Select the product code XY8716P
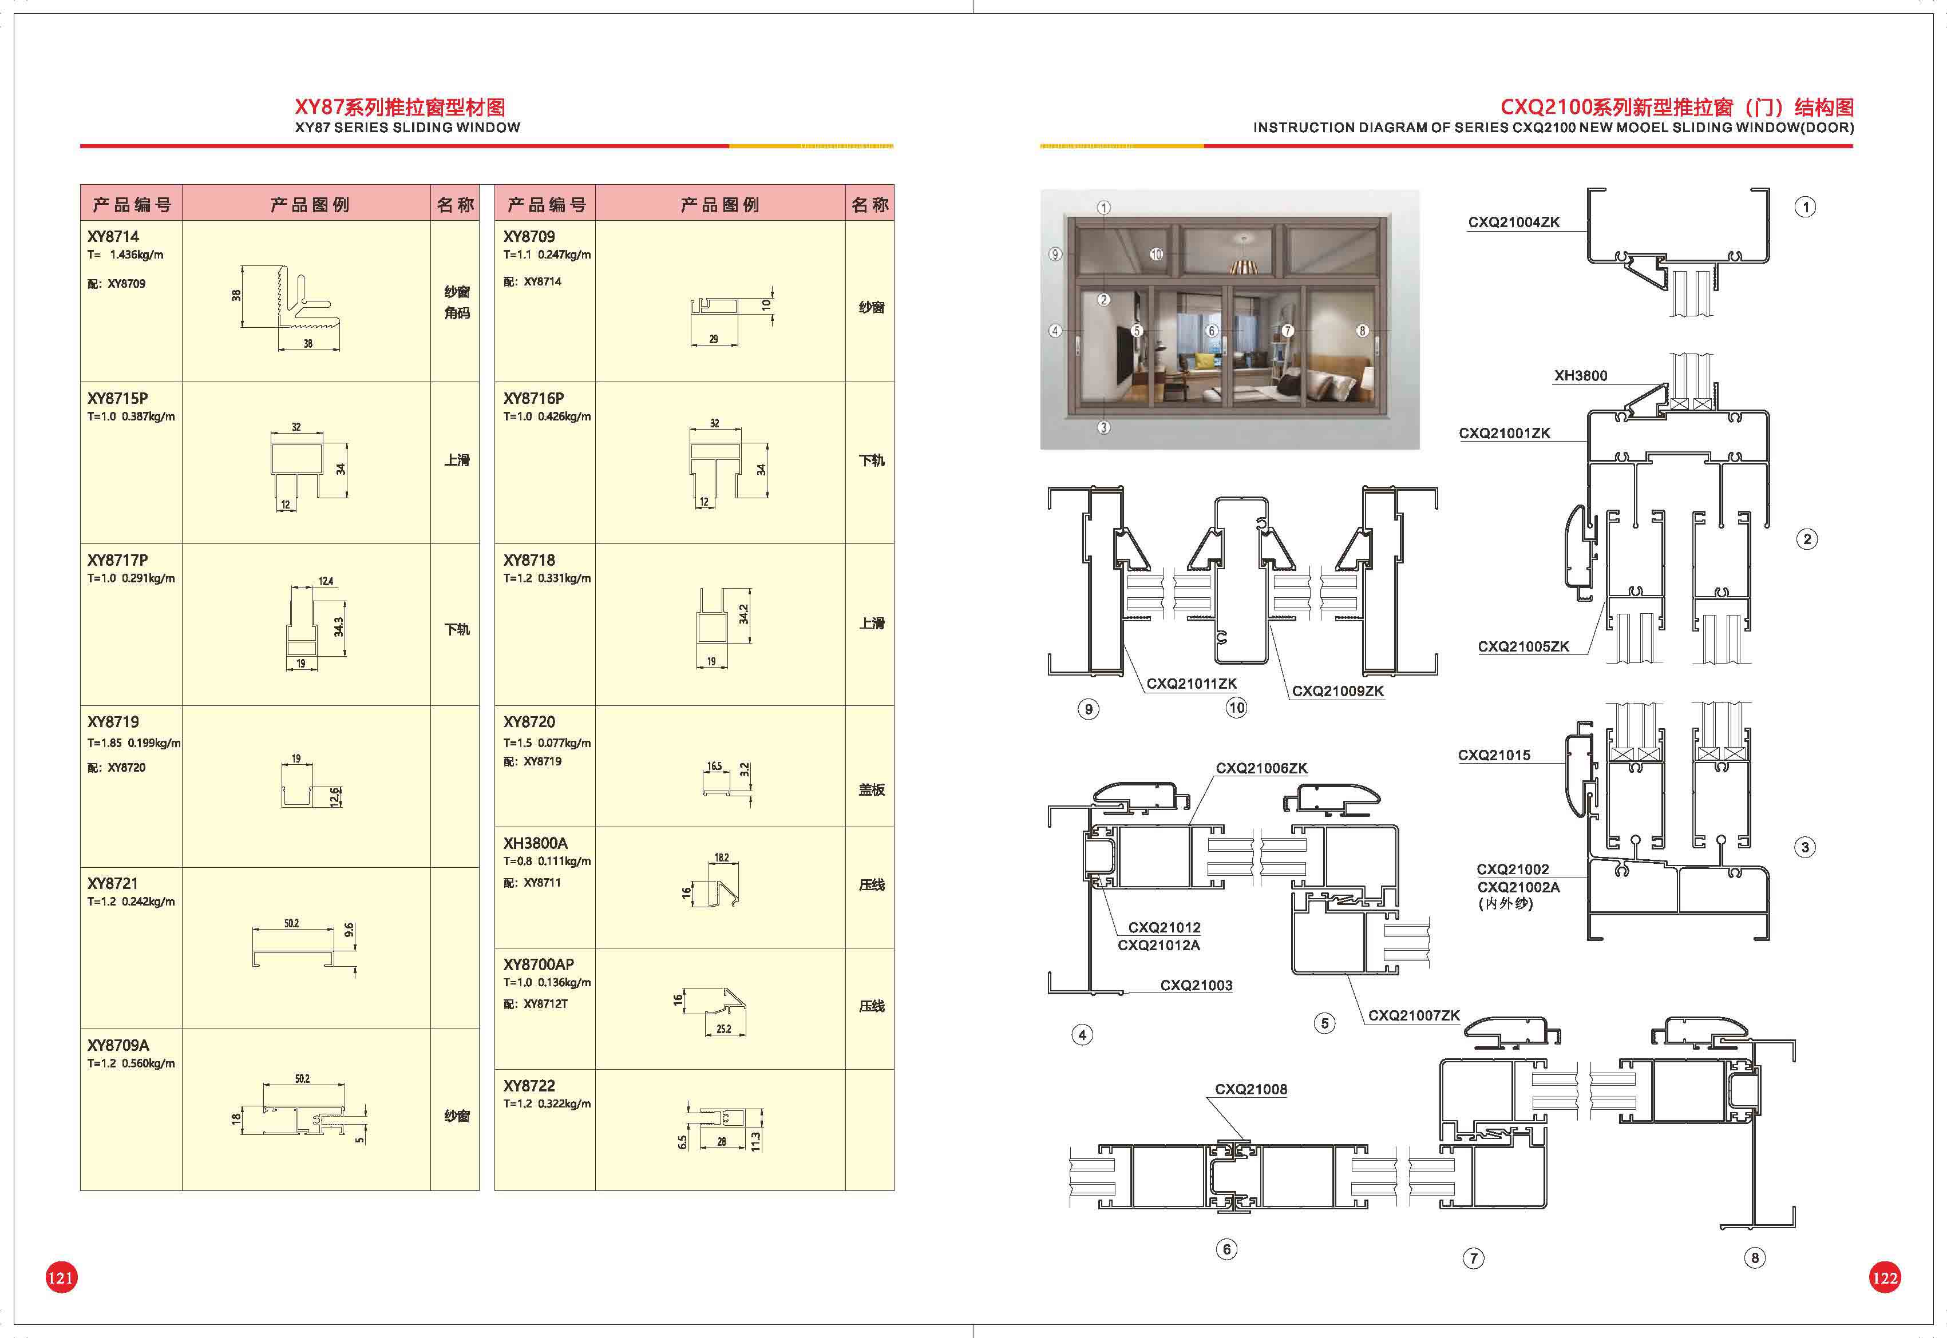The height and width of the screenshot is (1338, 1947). click(x=533, y=398)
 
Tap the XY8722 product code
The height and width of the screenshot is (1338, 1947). click(x=529, y=1086)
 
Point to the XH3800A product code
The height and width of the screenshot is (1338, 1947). click(x=535, y=843)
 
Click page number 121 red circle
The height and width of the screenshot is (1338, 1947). click(x=60, y=1277)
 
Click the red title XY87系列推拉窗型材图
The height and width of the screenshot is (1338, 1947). click(x=400, y=108)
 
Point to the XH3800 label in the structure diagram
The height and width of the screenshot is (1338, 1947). click(x=1581, y=376)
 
